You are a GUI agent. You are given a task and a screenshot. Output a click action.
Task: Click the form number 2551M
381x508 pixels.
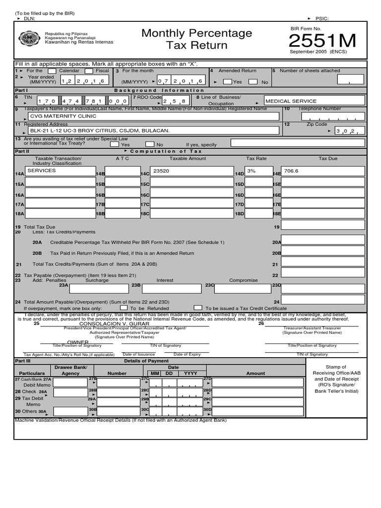point(322,42)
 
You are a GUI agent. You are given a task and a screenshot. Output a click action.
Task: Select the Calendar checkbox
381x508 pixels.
point(52,71)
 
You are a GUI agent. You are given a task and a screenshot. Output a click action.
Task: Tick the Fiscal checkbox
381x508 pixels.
point(89,71)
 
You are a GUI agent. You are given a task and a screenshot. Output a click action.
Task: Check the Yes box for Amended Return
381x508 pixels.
point(227,82)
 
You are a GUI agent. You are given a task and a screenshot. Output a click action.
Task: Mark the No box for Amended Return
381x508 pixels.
point(253,82)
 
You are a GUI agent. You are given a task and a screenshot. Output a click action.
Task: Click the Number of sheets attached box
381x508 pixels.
point(350,80)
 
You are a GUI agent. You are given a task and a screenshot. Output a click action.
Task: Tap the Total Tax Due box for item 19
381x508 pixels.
point(322,226)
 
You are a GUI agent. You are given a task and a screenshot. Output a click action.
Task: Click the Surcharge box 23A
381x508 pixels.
point(99,288)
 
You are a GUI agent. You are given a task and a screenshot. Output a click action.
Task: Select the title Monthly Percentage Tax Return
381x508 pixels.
point(196,39)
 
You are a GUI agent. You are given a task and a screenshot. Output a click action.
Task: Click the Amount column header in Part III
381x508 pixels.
point(255,373)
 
